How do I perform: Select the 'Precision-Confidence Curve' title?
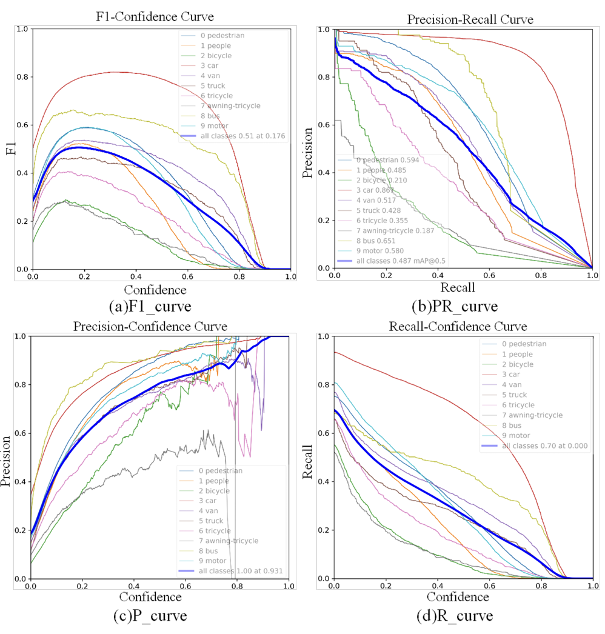coord(150,327)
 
